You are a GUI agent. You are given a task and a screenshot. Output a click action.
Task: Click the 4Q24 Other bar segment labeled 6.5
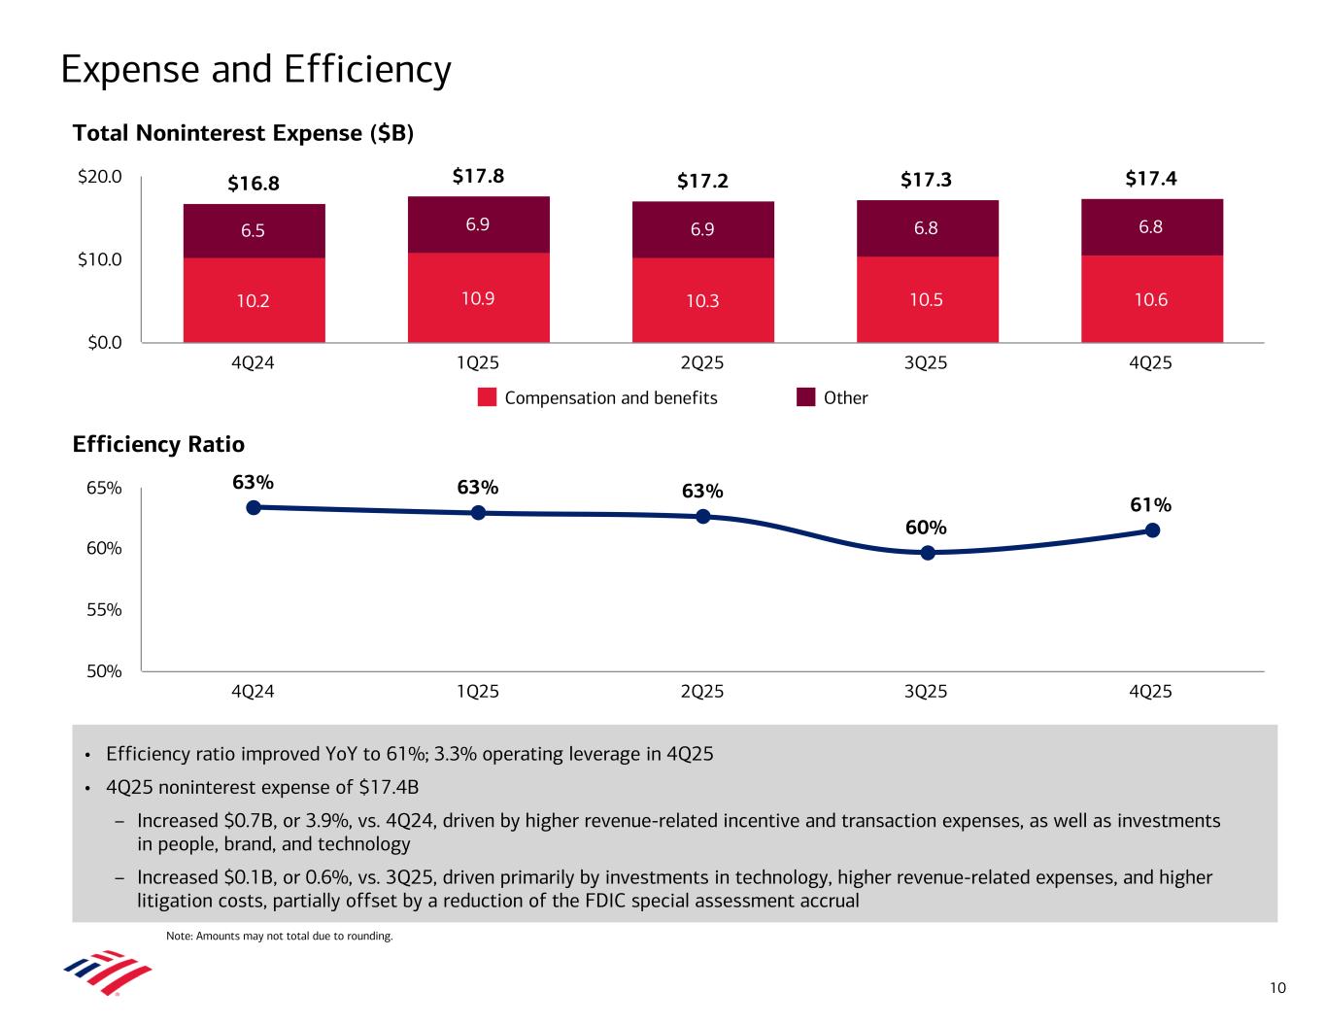254,231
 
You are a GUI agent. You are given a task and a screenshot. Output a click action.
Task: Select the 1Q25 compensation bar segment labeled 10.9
478,297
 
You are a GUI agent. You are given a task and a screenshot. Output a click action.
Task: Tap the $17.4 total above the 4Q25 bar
1151,179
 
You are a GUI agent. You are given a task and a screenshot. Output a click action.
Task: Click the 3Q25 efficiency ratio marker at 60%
928,553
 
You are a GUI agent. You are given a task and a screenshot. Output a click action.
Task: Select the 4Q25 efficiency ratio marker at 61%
1152,530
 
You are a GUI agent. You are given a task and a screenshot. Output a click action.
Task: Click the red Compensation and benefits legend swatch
488,397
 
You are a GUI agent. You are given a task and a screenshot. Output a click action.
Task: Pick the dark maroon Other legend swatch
805,397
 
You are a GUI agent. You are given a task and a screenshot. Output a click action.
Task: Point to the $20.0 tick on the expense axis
100,177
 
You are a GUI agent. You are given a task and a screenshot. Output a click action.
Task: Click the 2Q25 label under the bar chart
702,363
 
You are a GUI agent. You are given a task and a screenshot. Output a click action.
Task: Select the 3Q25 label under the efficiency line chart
927,692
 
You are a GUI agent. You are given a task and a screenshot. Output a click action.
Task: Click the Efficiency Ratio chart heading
158,445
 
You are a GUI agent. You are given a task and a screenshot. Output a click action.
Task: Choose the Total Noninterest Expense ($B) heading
244,134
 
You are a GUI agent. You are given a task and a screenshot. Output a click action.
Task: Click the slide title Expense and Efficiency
255,70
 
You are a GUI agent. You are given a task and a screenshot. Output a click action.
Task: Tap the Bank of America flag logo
108,973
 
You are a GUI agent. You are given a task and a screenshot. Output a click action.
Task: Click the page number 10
1277,989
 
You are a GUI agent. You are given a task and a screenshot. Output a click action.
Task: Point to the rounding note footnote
280,937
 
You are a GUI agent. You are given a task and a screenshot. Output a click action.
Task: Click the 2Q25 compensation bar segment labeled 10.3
702,300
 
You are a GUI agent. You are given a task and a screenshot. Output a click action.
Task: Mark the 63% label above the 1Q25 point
478,487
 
